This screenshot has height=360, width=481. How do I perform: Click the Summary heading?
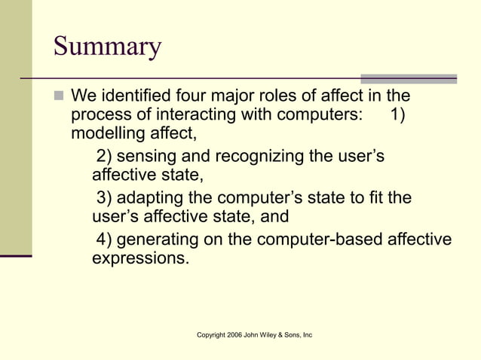[x=107, y=48]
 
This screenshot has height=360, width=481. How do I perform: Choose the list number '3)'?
[x=104, y=198]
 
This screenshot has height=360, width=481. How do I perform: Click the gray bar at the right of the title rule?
[x=408, y=78]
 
